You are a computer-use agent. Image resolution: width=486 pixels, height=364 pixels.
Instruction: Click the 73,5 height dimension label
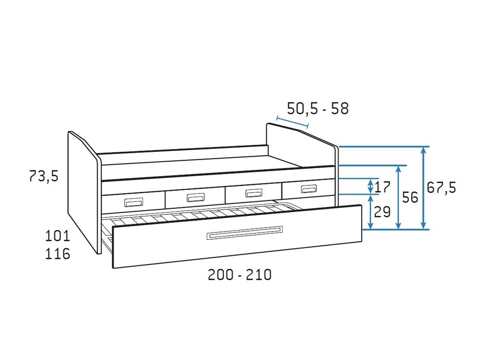click(44, 176)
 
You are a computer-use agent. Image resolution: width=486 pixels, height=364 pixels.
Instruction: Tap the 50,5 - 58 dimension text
click(318, 109)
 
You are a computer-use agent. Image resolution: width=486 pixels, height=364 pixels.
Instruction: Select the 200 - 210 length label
click(240, 275)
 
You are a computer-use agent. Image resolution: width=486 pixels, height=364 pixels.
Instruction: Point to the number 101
click(57, 236)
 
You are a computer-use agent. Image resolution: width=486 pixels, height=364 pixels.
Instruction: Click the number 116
click(57, 253)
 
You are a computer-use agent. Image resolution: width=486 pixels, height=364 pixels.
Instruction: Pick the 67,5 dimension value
click(441, 187)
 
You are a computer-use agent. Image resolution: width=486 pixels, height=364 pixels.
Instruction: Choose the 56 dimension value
click(410, 198)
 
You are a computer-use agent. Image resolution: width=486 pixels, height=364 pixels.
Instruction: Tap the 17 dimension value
click(383, 186)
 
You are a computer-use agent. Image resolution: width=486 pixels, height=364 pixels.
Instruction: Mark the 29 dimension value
click(382, 212)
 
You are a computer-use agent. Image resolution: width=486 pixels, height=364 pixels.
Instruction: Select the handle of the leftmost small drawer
click(134, 202)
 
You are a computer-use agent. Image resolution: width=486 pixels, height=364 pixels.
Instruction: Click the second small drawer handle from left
click(195, 197)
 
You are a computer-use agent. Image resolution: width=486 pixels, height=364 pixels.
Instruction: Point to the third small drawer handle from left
click(253, 193)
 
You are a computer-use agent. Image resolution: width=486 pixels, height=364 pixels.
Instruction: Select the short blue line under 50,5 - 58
click(292, 122)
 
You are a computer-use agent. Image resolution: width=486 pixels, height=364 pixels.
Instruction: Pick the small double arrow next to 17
click(371, 186)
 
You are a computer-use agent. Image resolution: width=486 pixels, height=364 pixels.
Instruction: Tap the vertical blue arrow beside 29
click(371, 212)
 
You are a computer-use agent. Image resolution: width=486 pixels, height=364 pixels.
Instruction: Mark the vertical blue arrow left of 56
click(399, 197)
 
